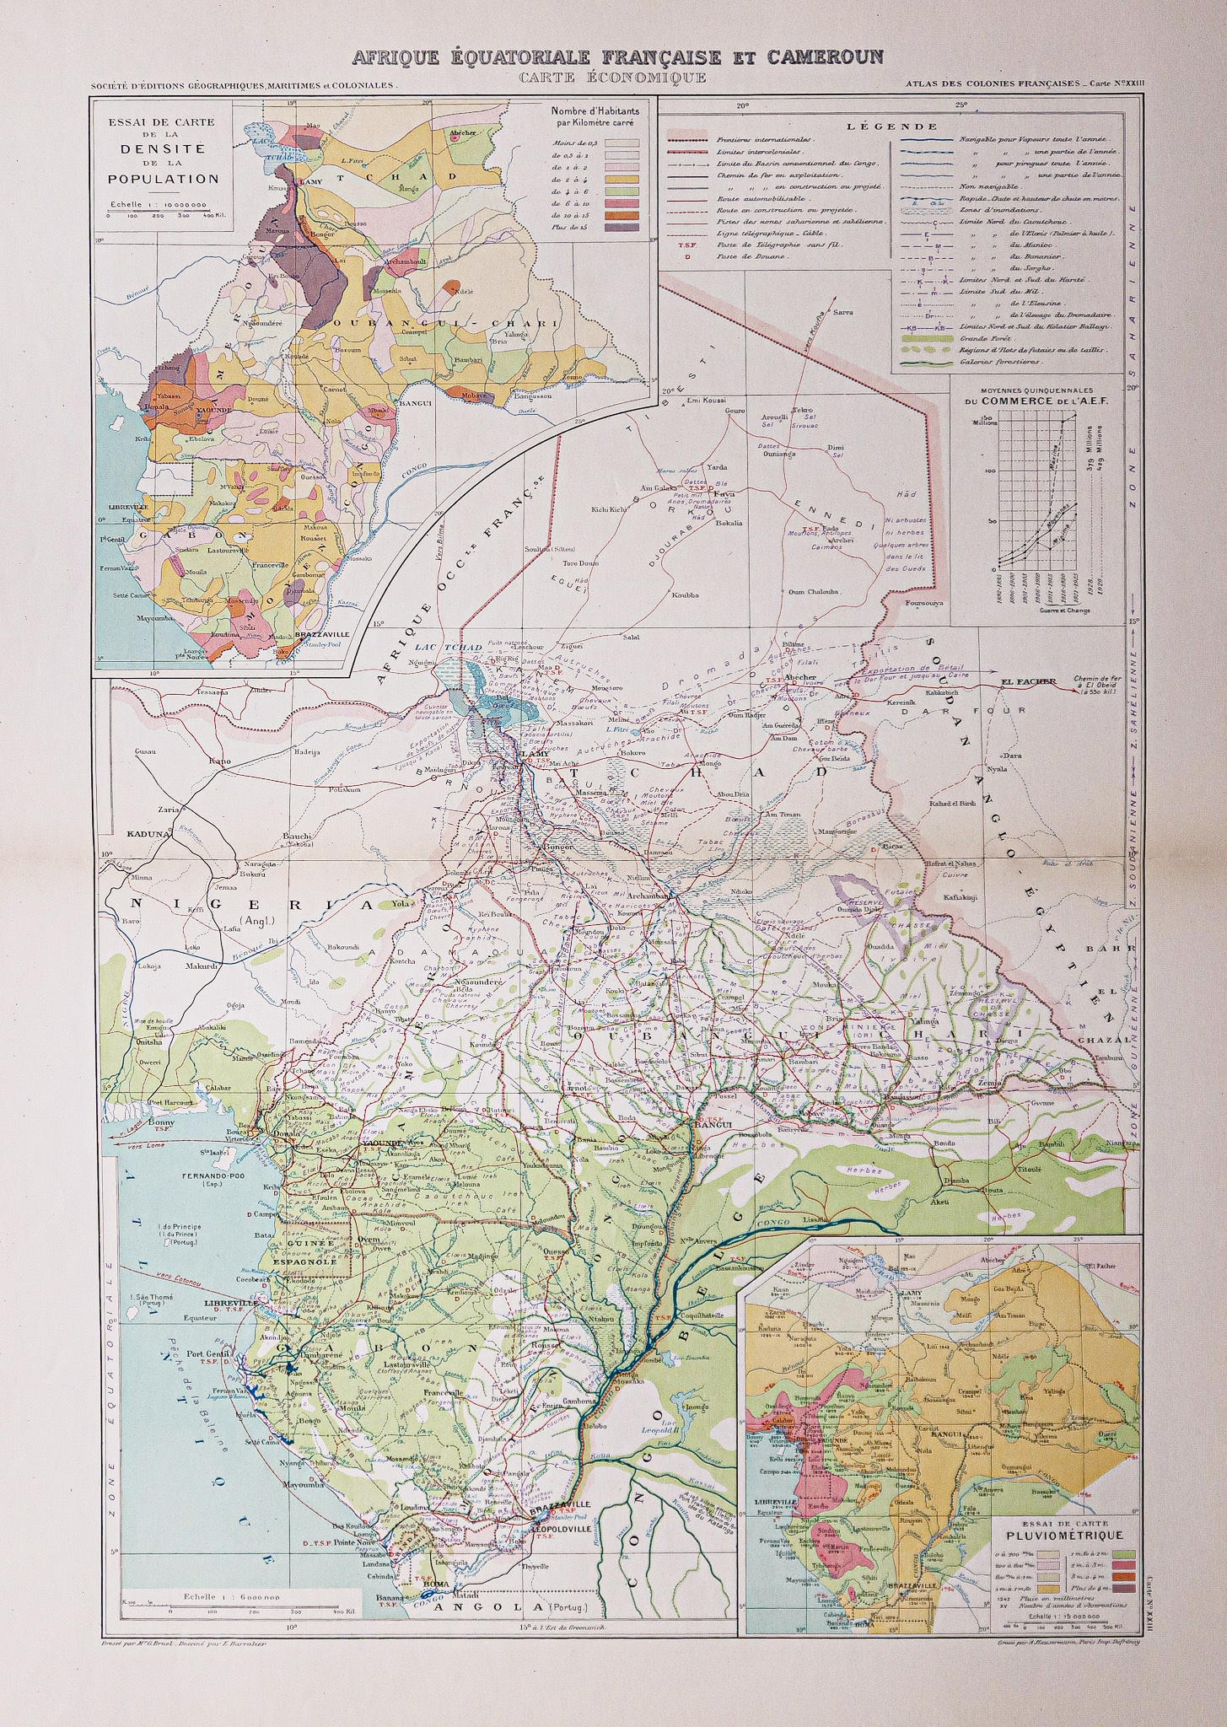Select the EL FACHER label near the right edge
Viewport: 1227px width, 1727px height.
[1025, 681]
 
